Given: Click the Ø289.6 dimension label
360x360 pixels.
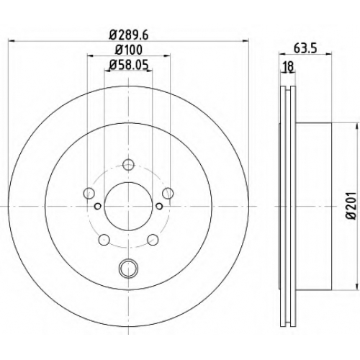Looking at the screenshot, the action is pos(129,35).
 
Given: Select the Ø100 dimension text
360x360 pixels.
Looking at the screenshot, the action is pos(129,50).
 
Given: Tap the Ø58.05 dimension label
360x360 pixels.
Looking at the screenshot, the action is pos(129,65).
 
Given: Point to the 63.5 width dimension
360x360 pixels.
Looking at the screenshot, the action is pos(305,49).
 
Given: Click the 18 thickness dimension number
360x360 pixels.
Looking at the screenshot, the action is pos(288,66).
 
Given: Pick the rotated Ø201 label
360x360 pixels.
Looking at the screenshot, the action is pos(351,205).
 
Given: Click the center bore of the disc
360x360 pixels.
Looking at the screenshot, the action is pos(128,206).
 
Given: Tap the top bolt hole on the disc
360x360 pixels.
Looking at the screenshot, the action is pos(128,165).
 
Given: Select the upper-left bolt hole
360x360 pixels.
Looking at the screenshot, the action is pos(89,193).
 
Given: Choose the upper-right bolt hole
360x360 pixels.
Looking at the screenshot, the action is pos(168,193).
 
